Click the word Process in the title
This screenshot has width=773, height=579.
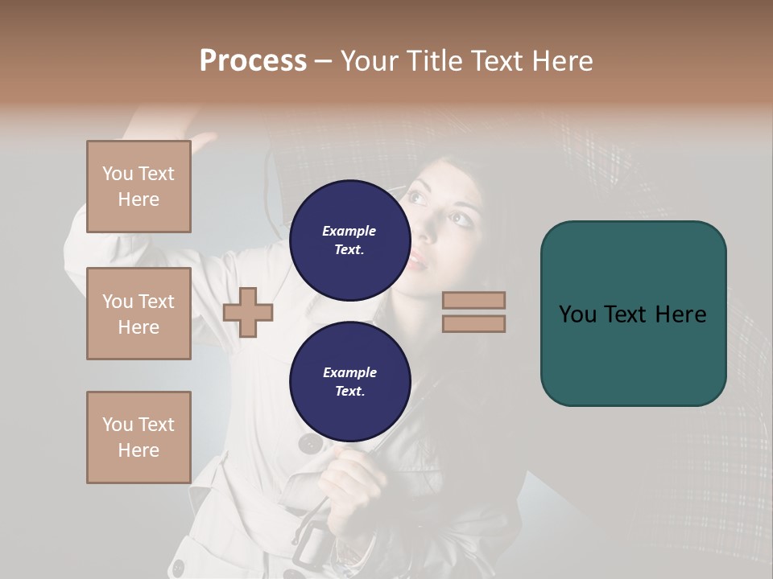click(x=253, y=60)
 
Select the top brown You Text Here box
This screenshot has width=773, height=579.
click(x=138, y=187)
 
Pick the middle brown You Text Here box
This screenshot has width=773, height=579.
click(x=138, y=314)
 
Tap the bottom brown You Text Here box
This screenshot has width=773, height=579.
click(x=138, y=437)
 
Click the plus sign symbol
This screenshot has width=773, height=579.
click(x=248, y=312)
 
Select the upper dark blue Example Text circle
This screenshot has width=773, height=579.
click(x=349, y=240)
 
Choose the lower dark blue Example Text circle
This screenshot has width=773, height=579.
click(x=349, y=381)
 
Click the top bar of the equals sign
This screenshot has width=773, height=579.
click(x=473, y=300)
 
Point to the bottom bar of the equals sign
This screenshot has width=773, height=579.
click(x=473, y=323)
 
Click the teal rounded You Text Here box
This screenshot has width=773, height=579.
click(x=633, y=314)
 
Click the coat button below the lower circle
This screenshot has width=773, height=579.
click(x=311, y=443)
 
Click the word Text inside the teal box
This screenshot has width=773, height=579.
click(x=633, y=314)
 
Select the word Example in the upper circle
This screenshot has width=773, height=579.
click(x=349, y=231)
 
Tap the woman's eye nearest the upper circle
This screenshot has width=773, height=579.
click(x=416, y=197)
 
